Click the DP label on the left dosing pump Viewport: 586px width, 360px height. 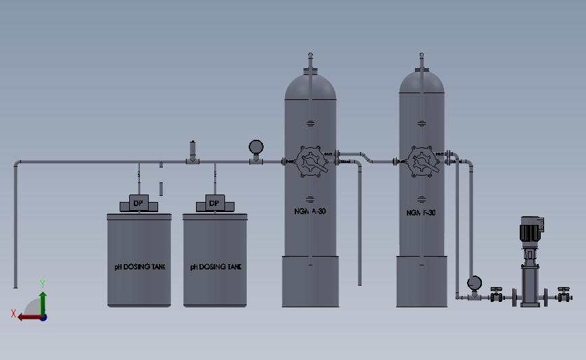[138, 203]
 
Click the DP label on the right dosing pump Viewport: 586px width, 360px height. [214, 203]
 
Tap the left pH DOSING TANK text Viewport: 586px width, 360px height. [140, 267]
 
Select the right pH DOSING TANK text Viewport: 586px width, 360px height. [216, 267]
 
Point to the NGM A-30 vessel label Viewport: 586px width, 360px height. [310, 212]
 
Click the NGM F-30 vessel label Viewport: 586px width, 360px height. [421, 212]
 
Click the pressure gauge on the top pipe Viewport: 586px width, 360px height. [256, 147]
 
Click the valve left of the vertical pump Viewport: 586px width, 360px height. [497, 294]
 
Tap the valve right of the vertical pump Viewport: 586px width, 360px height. [562, 294]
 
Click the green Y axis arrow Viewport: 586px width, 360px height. [43, 300]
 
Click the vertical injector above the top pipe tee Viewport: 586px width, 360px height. [193, 149]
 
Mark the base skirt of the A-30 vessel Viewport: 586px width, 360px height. [310, 281]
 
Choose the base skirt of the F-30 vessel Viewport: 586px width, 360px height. [421, 281]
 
